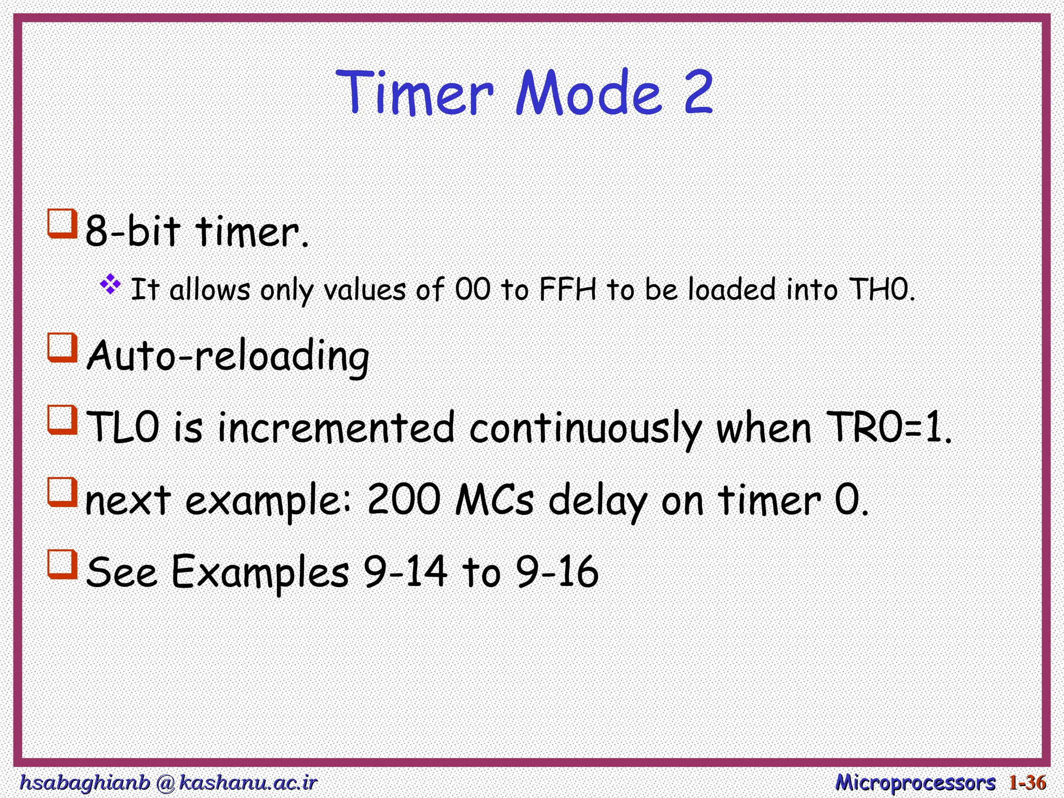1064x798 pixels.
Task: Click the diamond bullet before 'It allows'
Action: click(110, 285)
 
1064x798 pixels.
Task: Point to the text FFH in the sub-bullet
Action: click(567, 289)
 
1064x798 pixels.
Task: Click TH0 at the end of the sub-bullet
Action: click(881, 289)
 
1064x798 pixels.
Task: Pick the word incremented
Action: click(336, 428)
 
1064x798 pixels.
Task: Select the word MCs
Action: click(494, 500)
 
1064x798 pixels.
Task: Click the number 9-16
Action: click(557, 571)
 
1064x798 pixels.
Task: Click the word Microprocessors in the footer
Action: click(915, 782)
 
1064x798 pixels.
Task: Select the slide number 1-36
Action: click(1027, 782)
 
